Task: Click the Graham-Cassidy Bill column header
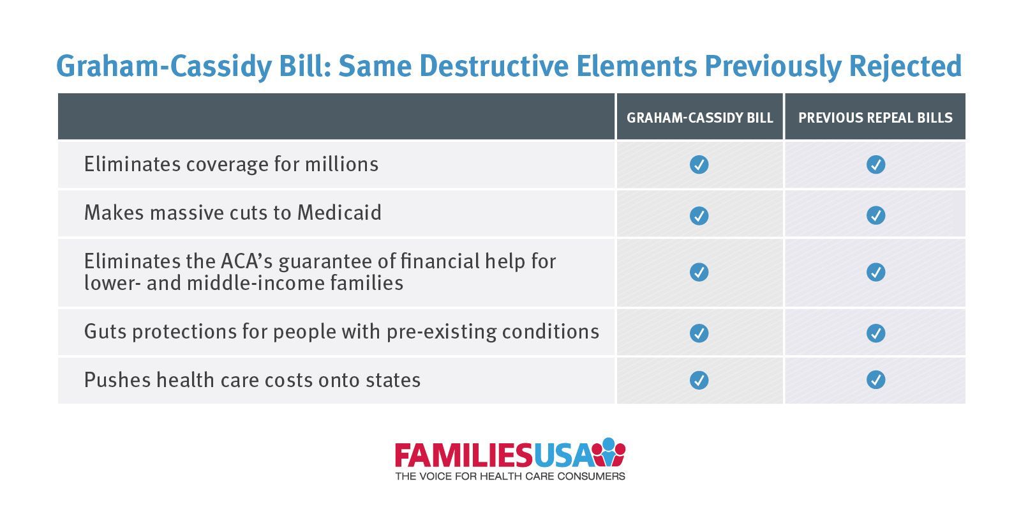click(x=699, y=118)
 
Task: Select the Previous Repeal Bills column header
click(x=875, y=118)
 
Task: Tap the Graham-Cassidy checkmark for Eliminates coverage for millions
click(x=699, y=165)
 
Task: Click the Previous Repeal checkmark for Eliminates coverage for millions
click(x=876, y=165)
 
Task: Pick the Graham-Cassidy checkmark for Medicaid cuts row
click(x=699, y=216)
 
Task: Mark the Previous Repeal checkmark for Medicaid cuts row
click(x=876, y=215)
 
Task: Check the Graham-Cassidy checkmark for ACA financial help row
click(x=699, y=272)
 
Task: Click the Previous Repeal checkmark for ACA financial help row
click(x=876, y=272)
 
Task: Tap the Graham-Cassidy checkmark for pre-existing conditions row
click(x=699, y=333)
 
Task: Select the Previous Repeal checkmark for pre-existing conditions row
click(x=876, y=333)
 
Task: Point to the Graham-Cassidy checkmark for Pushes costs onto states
click(x=699, y=380)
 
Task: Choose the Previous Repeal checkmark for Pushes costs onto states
click(x=876, y=379)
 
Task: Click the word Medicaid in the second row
click(x=339, y=213)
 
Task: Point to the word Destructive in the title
click(x=494, y=66)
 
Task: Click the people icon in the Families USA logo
click(x=609, y=452)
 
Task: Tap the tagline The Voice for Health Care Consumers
click(x=510, y=477)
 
